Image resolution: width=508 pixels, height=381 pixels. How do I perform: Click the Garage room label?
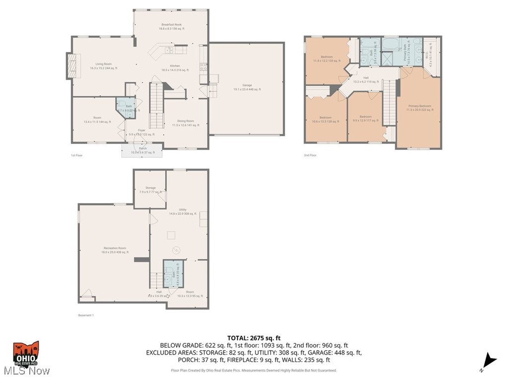point(247,87)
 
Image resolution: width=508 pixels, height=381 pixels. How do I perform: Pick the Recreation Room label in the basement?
point(115,250)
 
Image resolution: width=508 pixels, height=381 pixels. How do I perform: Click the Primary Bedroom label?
point(420,108)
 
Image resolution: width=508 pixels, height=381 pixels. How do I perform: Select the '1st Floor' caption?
point(77,155)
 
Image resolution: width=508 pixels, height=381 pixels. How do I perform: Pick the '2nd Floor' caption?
point(310,155)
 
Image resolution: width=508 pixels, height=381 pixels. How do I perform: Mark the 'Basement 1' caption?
point(86,315)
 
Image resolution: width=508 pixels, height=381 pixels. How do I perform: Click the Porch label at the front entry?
point(142,150)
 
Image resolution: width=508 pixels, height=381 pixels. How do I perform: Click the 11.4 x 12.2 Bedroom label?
point(326,59)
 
